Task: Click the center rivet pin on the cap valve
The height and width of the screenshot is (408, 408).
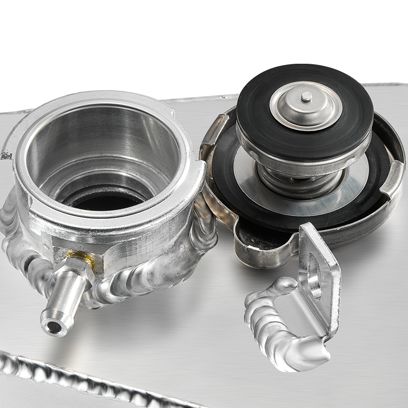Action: point(306,96)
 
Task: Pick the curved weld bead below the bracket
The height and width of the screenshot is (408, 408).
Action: point(275,326)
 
